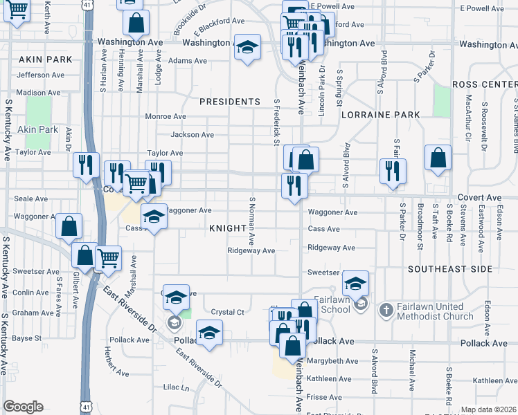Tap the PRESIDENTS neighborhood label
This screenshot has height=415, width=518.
point(229,102)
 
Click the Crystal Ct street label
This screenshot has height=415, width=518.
point(228,313)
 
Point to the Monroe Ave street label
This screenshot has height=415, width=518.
point(166,117)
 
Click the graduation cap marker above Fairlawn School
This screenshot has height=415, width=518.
point(355,282)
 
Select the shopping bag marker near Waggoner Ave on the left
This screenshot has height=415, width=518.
point(69,225)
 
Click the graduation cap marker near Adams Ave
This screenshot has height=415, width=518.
point(247,47)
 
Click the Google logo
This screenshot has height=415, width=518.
point(23,407)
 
